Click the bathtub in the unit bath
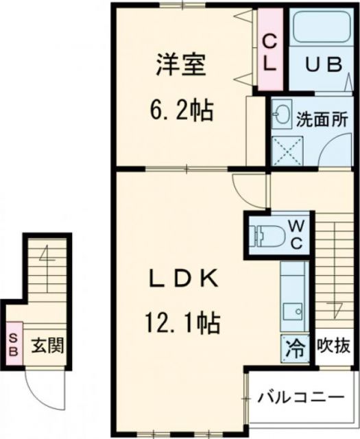pyautogui.click(x=320, y=32)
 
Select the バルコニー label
pyautogui.click(x=300, y=397)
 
